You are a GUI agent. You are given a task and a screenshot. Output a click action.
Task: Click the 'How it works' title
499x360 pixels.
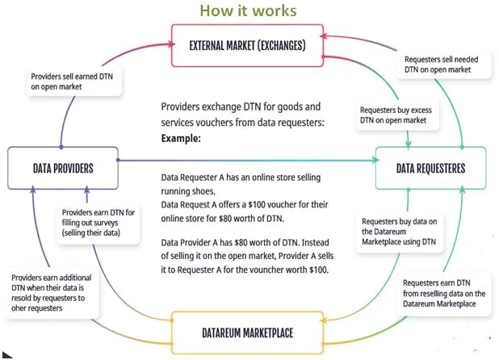(248, 10)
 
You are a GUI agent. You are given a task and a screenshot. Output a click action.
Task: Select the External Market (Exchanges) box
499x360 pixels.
(247, 45)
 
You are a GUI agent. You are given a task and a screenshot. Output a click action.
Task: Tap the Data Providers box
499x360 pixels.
(63, 168)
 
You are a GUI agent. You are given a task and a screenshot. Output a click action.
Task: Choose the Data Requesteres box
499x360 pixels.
(430, 168)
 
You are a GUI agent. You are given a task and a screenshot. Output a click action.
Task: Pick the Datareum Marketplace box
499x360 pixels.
(247, 333)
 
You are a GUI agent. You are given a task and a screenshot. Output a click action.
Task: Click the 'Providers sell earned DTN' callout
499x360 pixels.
(73, 82)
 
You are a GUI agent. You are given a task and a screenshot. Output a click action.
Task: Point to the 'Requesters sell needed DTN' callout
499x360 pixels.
(442, 65)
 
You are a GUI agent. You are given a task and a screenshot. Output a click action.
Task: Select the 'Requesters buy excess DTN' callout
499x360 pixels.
(396, 115)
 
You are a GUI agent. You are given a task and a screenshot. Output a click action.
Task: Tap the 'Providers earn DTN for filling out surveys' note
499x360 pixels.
(98, 222)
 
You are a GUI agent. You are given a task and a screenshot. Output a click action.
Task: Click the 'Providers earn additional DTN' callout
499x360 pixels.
(52, 292)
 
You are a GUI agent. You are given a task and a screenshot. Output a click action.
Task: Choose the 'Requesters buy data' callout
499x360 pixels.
(400, 232)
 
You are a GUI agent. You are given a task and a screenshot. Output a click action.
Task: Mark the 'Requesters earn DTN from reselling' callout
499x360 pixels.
(443, 293)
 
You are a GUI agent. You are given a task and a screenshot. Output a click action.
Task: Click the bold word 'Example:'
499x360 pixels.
(181, 139)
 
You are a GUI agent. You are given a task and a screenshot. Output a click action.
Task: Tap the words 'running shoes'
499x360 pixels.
(188, 191)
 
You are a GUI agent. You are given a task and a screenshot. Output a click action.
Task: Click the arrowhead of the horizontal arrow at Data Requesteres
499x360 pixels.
(375, 160)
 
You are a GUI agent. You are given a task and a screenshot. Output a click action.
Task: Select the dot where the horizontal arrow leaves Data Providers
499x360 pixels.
(118, 160)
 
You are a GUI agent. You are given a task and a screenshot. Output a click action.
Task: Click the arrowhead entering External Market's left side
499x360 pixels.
(172, 44)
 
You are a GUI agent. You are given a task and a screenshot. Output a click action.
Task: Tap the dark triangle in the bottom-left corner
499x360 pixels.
(6, 355)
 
